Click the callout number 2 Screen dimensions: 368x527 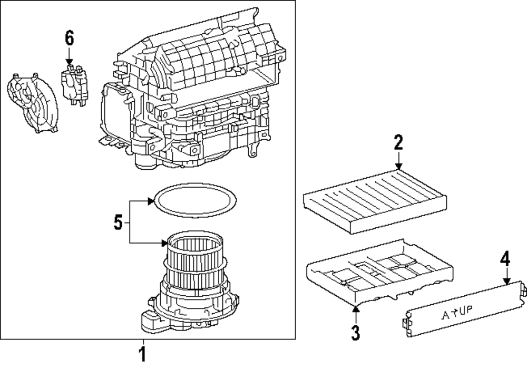[x=398, y=143]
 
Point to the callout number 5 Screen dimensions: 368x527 [x=119, y=222]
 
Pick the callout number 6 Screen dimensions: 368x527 [x=69, y=38]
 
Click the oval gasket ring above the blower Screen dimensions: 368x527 [x=192, y=201]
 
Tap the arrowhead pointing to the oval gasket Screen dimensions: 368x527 [x=152, y=200]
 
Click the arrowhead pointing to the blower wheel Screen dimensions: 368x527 [x=165, y=243]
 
